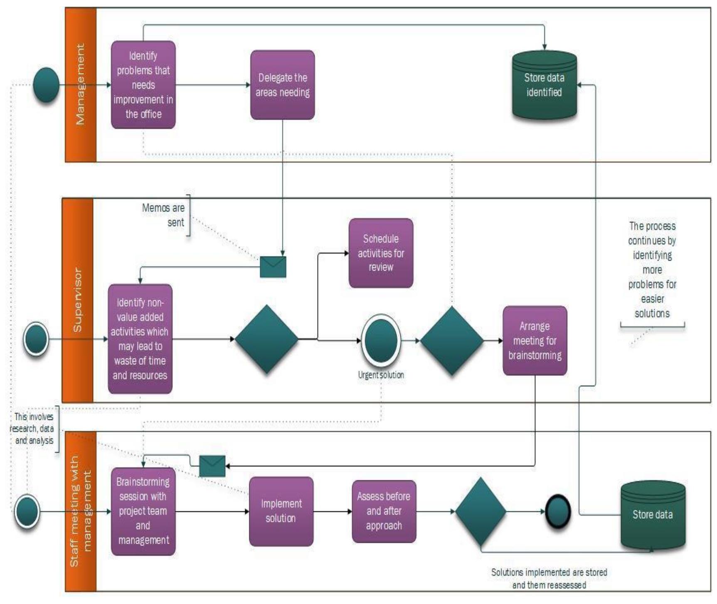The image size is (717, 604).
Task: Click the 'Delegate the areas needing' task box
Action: pyautogui.click(x=282, y=85)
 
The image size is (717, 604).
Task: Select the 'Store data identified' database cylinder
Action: pyautogui.click(x=544, y=85)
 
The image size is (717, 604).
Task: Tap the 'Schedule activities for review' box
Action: pyautogui.click(x=381, y=253)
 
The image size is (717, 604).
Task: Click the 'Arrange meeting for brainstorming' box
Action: pyautogui.click(x=535, y=340)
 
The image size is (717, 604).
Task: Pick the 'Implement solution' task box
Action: pyautogui.click(x=281, y=511)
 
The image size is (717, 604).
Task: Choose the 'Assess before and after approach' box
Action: pyautogui.click(x=384, y=511)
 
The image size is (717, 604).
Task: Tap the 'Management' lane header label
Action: pyautogui.click(x=80, y=84)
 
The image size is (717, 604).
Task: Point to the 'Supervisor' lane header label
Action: pyautogui.click(x=77, y=300)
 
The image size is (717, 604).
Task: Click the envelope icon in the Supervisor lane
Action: pyautogui.click(x=273, y=266)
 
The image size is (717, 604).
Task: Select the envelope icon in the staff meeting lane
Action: pyautogui.click(x=212, y=466)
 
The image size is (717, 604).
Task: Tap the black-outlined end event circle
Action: pyautogui.click(x=557, y=511)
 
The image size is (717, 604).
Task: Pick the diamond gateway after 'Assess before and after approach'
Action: pyautogui.click(x=480, y=511)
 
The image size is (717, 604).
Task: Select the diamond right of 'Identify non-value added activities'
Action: pyautogui.click(x=266, y=339)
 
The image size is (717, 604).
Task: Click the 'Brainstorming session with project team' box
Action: pyautogui.click(x=143, y=511)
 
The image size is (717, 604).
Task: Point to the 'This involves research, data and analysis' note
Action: pyautogui.click(x=33, y=429)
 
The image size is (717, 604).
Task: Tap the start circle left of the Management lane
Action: pyautogui.click(x=46, y=85)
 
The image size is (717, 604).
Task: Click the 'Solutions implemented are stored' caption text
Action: pyautogui.click(x=549, y=578)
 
